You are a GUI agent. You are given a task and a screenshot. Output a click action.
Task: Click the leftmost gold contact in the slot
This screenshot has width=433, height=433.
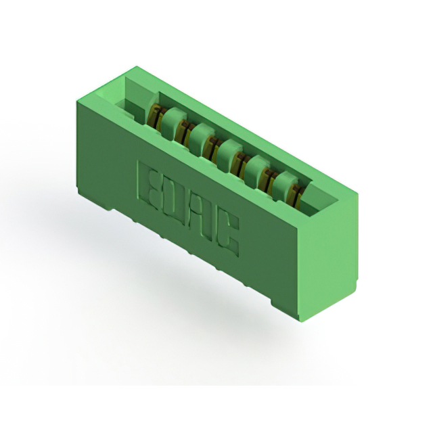pyautogui.click(x=155, y=116)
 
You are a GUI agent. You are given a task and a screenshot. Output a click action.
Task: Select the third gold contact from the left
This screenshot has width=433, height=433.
pyautogui.click(x=211, y=147)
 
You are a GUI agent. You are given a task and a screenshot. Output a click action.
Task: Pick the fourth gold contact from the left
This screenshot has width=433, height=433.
pyautogui.click(x=240, y=163)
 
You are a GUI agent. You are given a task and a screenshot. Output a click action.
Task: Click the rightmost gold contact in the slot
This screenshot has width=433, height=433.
pyautogui.click(x=296, y=196)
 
